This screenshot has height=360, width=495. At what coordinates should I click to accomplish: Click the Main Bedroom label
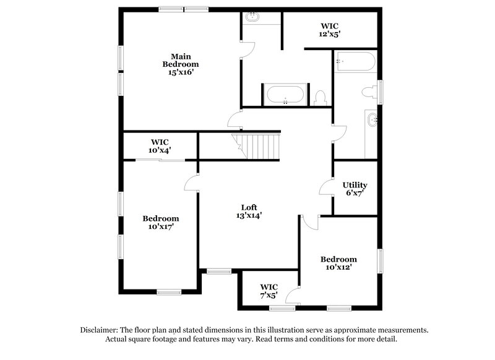tap(181, 60)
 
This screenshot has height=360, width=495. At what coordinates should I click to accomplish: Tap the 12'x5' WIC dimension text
tap(330, 35)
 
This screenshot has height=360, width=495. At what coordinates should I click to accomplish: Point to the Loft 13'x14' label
tap(249, 212)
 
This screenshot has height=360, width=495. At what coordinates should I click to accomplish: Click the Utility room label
tap(355, 185)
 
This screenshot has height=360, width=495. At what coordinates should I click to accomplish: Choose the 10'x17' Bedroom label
tap(161, 222)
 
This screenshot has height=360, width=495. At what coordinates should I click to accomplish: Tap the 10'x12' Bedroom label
tap(338, 263)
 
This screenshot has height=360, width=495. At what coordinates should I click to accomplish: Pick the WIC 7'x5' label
tap(269, 291)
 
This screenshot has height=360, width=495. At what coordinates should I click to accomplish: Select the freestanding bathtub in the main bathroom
tap(285, 95)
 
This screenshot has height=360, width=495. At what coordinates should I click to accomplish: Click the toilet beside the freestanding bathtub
tap(320, 97)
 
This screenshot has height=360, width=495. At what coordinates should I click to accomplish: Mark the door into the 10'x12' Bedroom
tap(309, 221)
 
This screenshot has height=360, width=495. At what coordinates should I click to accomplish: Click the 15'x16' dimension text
tap(181, 72)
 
